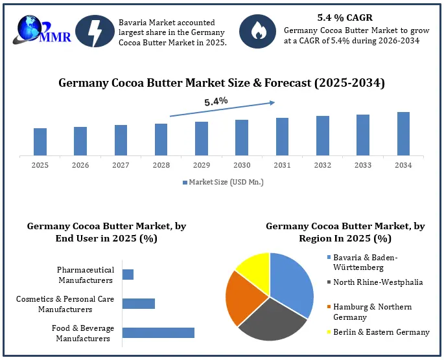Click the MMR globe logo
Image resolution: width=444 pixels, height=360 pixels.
point(41,30)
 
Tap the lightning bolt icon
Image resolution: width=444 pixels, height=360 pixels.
point(95,31)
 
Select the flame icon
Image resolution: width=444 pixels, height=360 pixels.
point(257,31)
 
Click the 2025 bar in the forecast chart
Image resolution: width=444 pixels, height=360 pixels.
point(40,142)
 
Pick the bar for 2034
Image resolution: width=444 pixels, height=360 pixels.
point(403,134)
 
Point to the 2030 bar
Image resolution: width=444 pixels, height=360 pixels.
point(242,138)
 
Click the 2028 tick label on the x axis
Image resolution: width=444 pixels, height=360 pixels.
point(161,165)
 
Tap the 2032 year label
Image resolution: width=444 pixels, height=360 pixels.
point(323,165)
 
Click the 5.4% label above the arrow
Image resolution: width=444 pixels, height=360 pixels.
point(216,101)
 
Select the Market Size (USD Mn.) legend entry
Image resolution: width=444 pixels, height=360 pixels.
point(223,182)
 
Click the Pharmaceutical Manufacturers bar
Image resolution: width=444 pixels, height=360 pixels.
point(128,275)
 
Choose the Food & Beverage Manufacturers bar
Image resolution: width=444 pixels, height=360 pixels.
point(159,333)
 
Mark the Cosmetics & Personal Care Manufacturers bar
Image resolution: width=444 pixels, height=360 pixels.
point(139,304)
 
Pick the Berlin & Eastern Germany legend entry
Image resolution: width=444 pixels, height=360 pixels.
point(379,332)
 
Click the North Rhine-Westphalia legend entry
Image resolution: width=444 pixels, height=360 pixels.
point(375,282)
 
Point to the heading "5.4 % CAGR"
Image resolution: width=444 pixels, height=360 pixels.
point(345,17)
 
